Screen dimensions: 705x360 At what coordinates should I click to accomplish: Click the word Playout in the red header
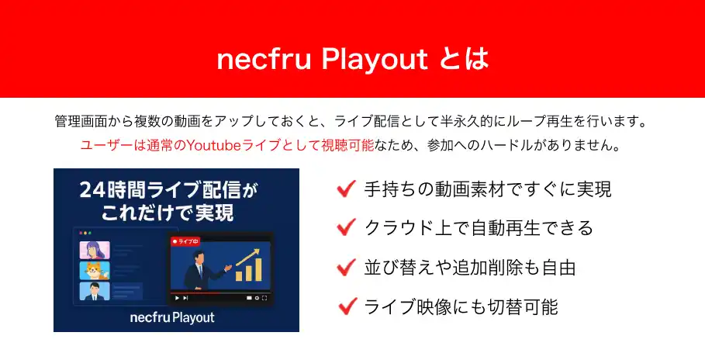[x=375, y=60]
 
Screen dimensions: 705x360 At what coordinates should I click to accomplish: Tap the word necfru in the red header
[x=264, y=60]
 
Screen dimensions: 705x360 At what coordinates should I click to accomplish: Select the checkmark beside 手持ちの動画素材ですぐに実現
[x=346, y=189]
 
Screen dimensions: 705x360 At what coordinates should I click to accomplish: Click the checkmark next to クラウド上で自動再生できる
[x=346, y=227]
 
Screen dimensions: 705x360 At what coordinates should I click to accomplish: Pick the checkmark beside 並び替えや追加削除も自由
[x=346, y=268]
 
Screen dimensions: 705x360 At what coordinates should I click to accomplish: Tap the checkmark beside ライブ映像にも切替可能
[x=347, y=306]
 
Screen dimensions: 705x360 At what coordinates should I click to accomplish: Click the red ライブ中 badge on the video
[x=185, y=241]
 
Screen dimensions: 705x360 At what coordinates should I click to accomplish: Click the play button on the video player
[x=177, y=298]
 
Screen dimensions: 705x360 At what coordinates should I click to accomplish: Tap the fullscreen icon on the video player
[x=264, y=298]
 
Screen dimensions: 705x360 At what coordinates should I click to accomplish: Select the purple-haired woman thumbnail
[x=95, y=250]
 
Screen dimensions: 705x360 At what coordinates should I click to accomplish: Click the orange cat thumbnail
[x=95, y=270]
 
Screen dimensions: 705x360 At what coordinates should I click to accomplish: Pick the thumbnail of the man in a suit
[x=95, y=291]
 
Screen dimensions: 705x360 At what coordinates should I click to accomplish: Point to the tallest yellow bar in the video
[x=257, y=269]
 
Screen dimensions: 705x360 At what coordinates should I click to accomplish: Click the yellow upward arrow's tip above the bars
[x=259, y=250]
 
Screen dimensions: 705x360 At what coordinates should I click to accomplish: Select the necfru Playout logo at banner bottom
[x=172, y=317]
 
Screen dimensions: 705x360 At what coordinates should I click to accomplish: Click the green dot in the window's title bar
[x=89, y=233]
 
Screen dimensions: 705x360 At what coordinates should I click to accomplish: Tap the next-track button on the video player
[x=185, y=298]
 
